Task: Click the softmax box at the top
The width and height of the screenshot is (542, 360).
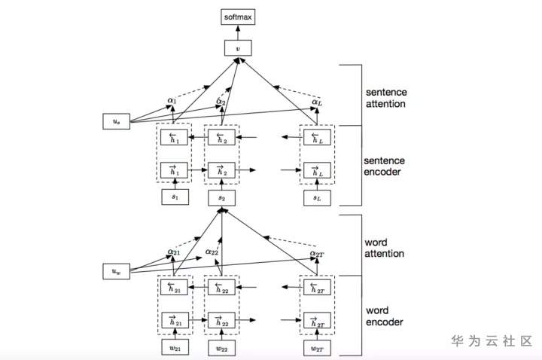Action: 238,16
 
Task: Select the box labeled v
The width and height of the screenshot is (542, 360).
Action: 238,48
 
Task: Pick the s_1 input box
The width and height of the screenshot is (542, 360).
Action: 174,198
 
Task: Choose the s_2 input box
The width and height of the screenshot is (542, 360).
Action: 221,198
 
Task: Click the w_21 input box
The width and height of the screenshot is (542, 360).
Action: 174,347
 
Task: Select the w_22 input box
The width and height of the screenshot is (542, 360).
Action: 221,347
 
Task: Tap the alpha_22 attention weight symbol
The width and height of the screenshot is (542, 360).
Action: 212,252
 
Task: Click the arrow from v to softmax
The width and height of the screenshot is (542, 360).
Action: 238,32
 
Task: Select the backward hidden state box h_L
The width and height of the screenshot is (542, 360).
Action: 315,138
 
